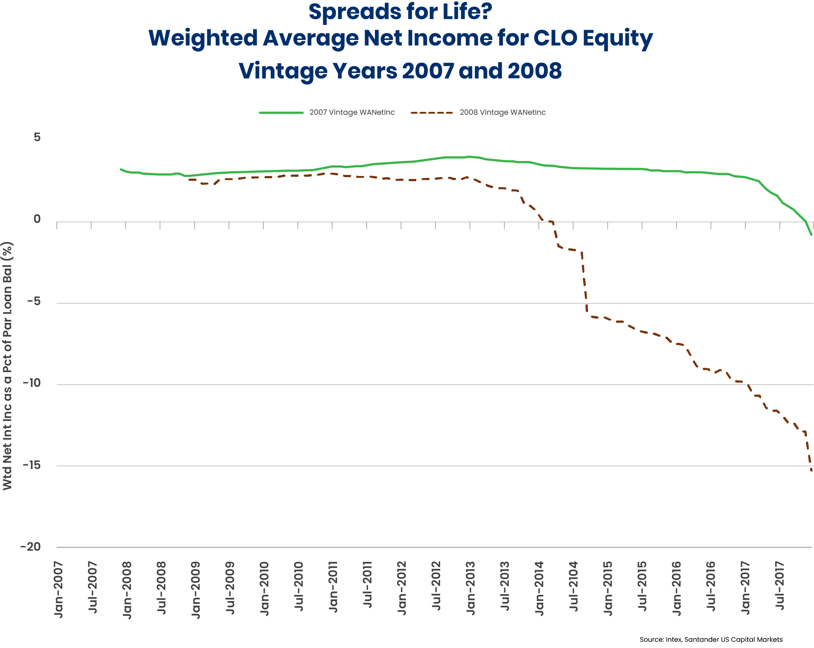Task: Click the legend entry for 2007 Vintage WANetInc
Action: (351, 113)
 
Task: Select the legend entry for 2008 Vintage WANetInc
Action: (502, 113)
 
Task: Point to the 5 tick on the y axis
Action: (37, 137)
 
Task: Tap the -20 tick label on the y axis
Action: (30, 547)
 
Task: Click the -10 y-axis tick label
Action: (32, 383)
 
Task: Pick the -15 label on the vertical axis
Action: (32, 465)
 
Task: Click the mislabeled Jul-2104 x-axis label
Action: (573, 586)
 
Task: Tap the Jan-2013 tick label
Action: (470, 588)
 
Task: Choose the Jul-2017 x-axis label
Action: (780, 586)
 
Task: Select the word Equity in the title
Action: (618, 39)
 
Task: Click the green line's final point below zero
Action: (811, 235)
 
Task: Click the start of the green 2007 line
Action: (121, 169)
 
